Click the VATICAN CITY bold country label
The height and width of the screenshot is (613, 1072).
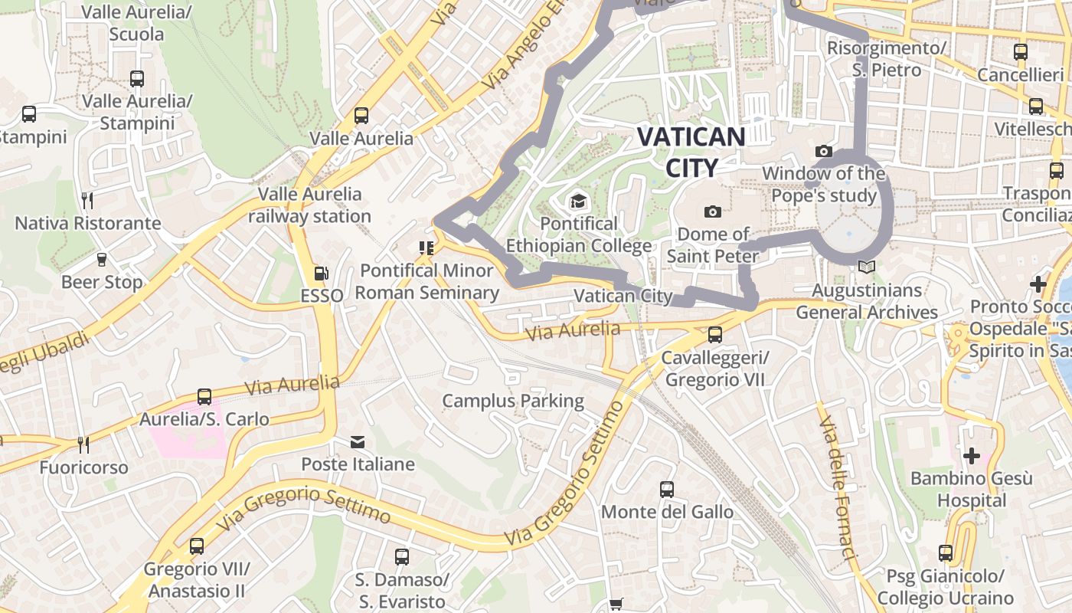coord(691,152)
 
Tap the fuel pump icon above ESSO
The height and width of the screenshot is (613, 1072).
coord(322,274)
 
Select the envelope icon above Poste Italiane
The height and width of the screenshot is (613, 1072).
coord(358,442)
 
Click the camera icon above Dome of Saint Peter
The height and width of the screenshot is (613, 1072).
coord(713,211)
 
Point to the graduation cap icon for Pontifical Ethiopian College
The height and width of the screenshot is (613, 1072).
coord(578,202)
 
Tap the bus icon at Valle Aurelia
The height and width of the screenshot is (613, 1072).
coord(361,116)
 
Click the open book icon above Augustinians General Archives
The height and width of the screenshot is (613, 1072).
coord(866,267)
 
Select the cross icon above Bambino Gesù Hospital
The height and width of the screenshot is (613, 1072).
coord(971,457)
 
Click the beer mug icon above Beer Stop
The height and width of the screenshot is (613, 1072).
coord(101,260)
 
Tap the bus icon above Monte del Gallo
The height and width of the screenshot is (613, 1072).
coord(667,490)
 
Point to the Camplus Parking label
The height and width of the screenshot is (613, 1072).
coord(513,401)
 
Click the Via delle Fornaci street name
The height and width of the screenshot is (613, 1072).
coord(835,487)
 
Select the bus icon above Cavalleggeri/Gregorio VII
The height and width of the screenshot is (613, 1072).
coord(714,335)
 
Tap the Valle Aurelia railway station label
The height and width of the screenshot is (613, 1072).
coord(309,205)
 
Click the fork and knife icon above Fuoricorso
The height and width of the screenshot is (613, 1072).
coord(83,445)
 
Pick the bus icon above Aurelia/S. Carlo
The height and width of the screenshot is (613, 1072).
coord(204,397)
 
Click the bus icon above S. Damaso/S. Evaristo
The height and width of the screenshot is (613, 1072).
coord(402,557)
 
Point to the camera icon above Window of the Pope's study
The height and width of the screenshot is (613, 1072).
coord(824,152)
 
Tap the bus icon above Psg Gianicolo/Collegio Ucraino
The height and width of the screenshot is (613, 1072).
coord(946,553)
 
